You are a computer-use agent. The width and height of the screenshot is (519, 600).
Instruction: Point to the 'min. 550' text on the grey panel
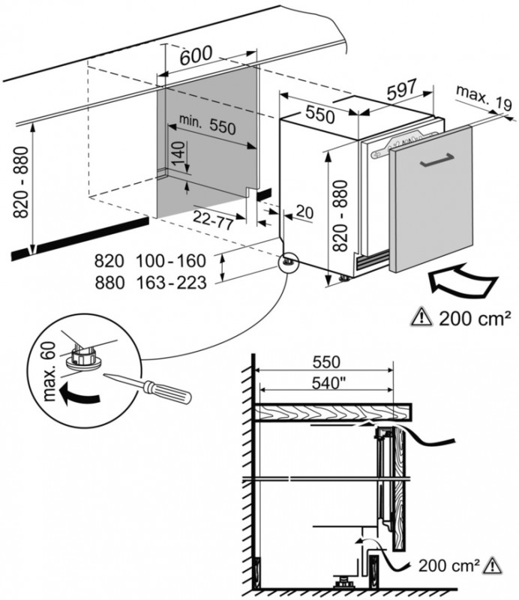click(202, 125)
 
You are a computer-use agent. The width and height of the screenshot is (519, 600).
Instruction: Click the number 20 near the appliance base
click(303, 212)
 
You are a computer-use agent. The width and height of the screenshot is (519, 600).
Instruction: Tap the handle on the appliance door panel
click(435, 162)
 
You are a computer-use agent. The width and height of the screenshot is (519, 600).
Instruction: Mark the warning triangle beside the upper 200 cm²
click(424, 319)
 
